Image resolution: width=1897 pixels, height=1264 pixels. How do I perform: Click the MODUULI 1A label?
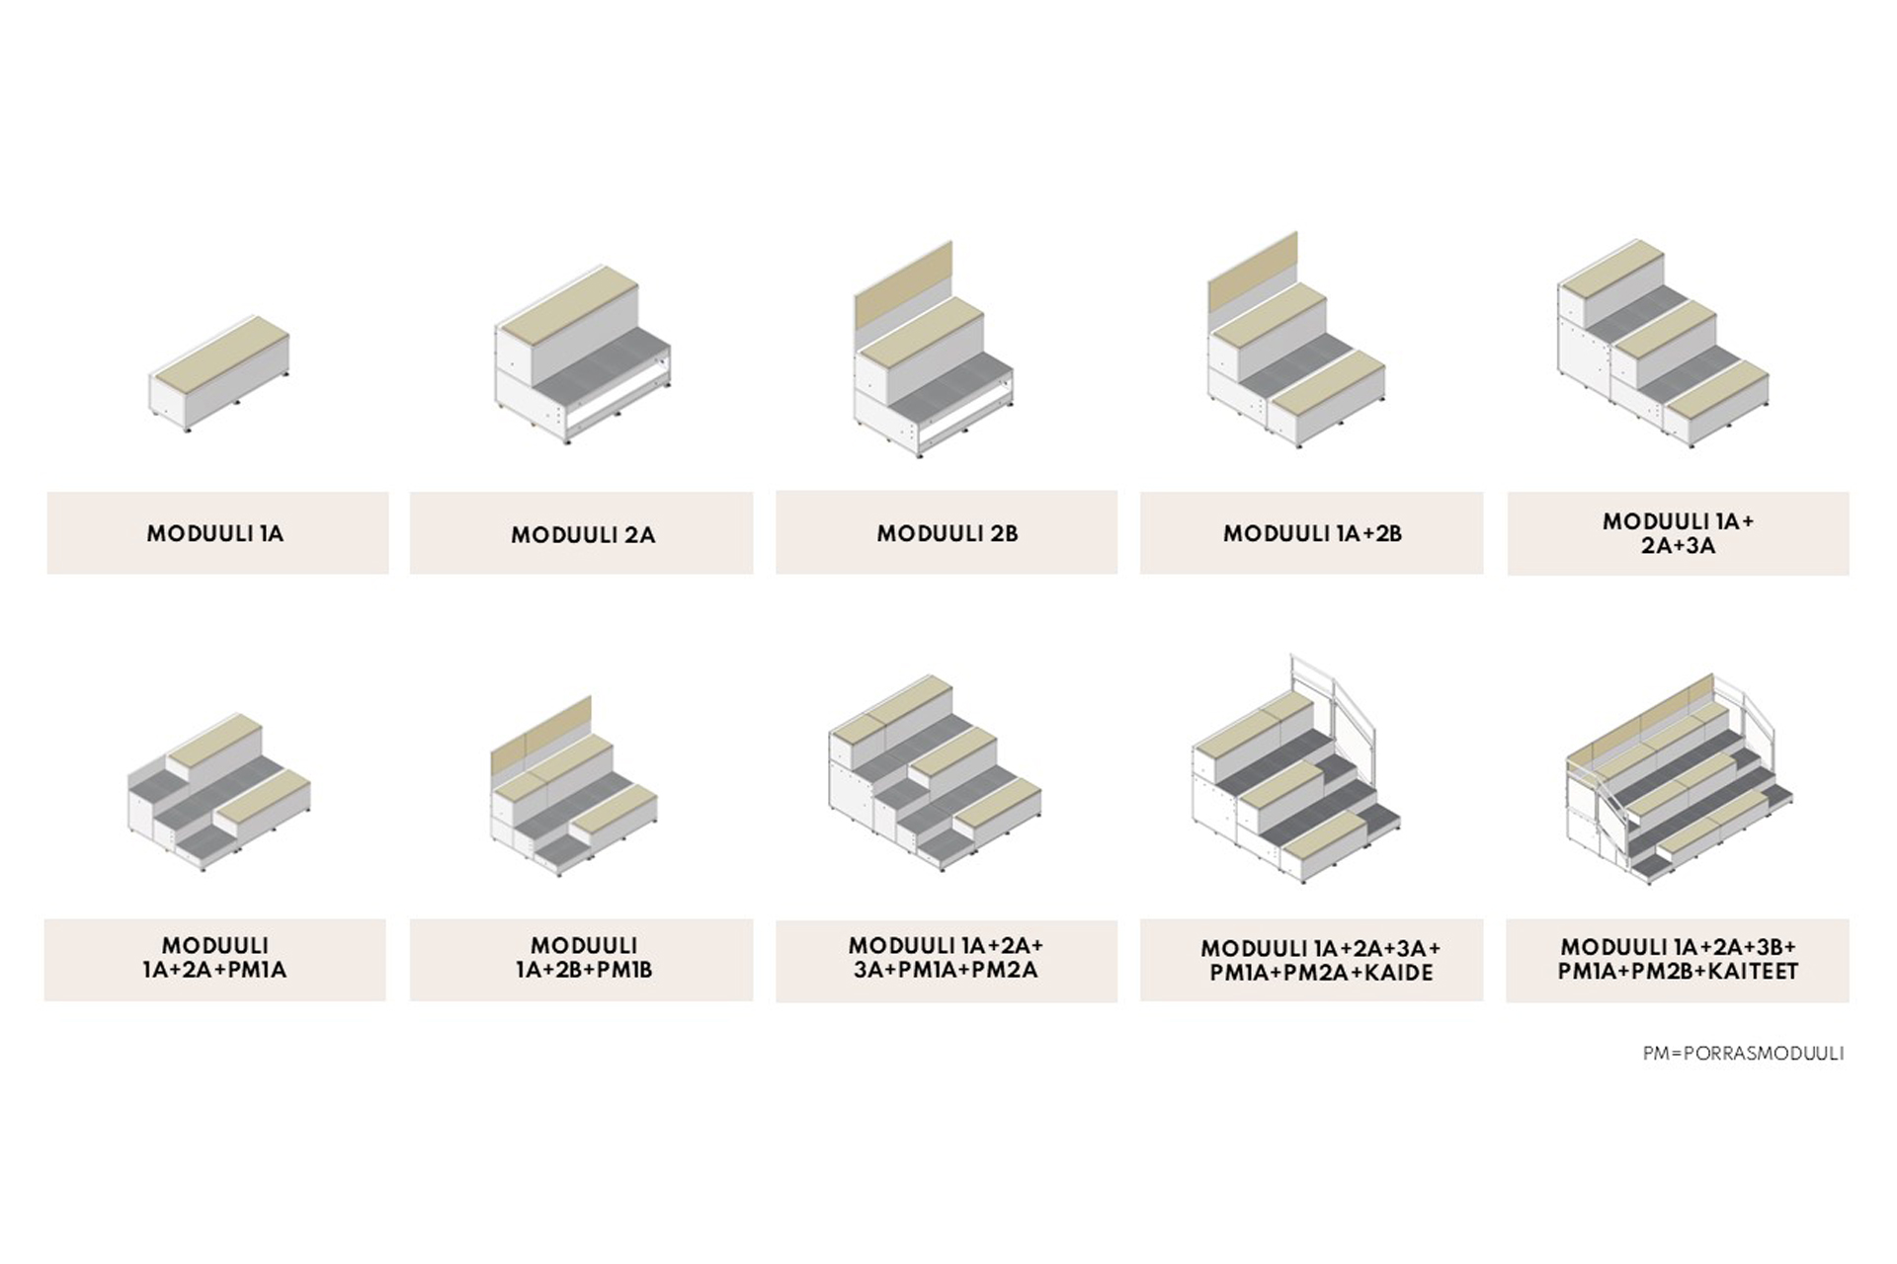215,533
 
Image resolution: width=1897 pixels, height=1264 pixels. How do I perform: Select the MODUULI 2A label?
583,535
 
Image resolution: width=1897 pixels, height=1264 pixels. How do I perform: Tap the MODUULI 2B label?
947,533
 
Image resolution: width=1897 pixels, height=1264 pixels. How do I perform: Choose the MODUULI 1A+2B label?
1312,533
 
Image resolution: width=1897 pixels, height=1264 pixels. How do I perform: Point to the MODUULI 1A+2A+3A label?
1678,533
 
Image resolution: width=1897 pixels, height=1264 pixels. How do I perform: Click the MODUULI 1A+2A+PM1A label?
214,958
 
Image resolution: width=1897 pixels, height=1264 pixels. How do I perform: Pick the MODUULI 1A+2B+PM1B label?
583,958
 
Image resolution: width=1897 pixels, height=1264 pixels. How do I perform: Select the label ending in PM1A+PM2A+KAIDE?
1321,961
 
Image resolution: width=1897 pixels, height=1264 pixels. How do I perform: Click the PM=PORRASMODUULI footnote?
1743,1054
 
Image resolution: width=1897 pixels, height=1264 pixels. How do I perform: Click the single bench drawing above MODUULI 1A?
219,373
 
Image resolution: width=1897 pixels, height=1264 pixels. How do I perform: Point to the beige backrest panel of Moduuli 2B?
904,286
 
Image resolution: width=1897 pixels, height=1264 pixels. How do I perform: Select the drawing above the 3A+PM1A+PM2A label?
935,773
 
